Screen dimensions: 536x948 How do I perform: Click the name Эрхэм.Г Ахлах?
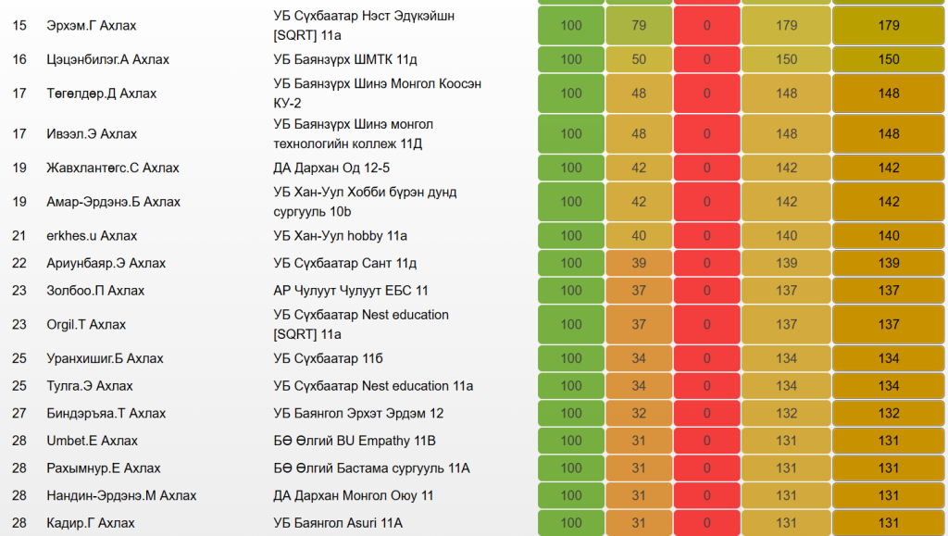(91, 26)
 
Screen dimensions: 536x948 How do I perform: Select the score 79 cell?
(639, 26)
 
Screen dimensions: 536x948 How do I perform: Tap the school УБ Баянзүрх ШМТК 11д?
(345, 60)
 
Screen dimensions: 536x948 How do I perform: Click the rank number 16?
(19, 60)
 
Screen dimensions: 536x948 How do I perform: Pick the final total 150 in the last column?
(889, 60)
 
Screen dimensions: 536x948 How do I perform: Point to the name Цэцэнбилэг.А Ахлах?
(107, 60)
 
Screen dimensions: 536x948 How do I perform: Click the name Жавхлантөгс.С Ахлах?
(113, 168)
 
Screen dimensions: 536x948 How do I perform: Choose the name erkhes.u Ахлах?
(92, 236)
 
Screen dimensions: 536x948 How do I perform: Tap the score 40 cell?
(639, 236)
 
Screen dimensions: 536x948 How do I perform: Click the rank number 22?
(19, 264)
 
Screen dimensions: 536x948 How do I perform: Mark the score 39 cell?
(639, 264)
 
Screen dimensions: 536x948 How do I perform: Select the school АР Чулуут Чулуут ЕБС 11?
(351, 291)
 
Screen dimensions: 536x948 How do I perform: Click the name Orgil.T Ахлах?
(86, 325)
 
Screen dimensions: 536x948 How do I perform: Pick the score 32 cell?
(639, 414)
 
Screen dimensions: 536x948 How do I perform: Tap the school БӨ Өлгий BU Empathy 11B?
(355, 442)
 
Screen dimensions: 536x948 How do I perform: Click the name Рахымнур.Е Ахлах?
(104, 468)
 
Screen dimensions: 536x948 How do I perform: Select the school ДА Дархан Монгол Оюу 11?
(354, 496)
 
